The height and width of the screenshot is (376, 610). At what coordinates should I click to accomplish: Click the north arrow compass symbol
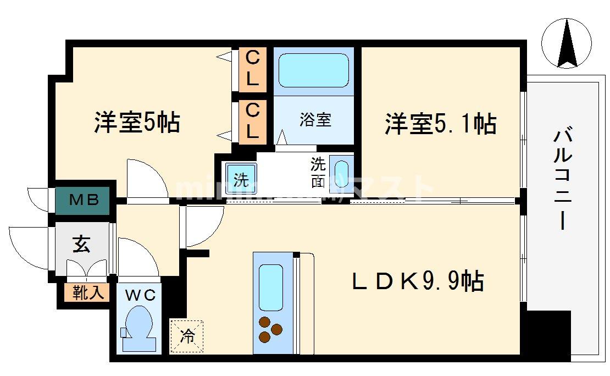[567, 43]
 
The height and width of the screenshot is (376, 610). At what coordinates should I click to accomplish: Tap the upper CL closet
[252, 69]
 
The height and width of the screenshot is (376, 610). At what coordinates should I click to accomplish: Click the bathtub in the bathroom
[314, 70]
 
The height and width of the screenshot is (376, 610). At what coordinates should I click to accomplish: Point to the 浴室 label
[315, 120]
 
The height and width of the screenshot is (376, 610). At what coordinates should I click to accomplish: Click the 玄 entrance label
[81, 245]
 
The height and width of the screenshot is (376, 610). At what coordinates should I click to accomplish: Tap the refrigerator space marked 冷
[187, 336]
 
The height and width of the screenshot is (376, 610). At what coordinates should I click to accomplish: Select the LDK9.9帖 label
[418, 282]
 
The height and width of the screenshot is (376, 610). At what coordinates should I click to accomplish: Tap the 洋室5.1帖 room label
[440, 124]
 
